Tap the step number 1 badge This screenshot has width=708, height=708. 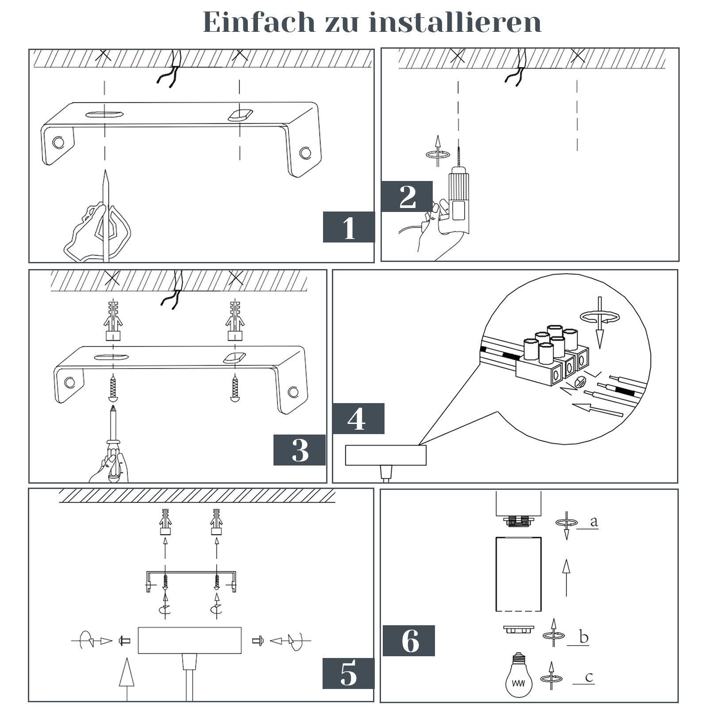(x=349, y=227)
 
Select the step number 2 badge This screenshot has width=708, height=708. (x=407, y=196)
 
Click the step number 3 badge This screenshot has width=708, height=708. (x=300, y=450)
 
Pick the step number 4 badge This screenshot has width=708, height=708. (x=358, y=418)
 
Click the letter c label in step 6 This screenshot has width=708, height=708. (x=589, y=677)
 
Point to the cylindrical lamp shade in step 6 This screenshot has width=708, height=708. (x=518, y=575)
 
